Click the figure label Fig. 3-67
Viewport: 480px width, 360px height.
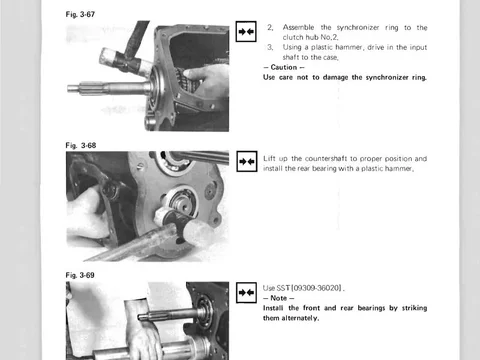tap(80, 14)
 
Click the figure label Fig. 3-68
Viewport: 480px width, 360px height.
tap(81, 145)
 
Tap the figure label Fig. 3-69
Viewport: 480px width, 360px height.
tap(80, 275)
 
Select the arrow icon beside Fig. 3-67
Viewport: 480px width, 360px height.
tap(246, 32)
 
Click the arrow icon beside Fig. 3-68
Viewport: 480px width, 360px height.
tap(247, 161)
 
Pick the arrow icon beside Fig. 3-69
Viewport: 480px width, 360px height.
tap(246, 293)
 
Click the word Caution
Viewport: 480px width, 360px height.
tap(284, 67)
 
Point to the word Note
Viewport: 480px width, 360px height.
tap(278, 298)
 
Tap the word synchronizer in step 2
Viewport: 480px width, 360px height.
tap(358, 28)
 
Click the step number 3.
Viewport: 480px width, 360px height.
tap(270, 47)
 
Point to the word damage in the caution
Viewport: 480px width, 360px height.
tap(337, 78)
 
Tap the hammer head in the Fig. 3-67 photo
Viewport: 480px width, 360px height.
tap(126, 61)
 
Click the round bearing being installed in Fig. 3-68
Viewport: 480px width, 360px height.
tap(182, 201)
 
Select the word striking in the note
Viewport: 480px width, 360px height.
tap(414, 308)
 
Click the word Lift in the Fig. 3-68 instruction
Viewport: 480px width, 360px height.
tap(269, 158)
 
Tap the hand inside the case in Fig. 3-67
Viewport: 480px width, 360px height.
tap(208, 83)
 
